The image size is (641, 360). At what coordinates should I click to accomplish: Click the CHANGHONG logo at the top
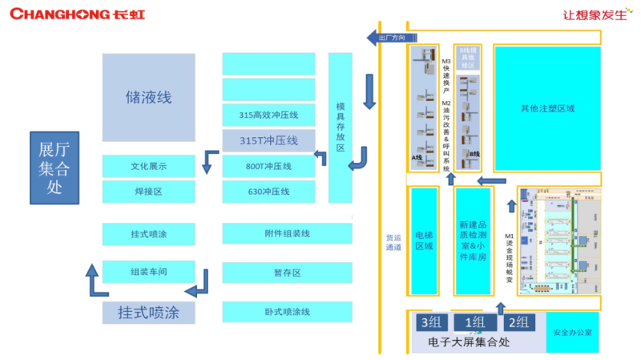(68, 14)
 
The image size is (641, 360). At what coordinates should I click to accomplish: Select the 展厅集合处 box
(54, 167)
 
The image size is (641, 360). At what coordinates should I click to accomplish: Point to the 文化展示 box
(149, 166)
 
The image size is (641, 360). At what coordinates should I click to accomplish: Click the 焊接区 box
(149, 192)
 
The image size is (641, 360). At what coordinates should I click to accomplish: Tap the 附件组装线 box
(287, 233)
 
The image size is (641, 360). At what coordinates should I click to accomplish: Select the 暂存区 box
(287, 273)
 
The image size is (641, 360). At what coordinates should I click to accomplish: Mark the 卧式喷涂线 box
(287, 312)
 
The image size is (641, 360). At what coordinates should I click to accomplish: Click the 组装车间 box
(149, 273)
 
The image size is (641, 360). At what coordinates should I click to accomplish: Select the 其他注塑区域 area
(546, 108)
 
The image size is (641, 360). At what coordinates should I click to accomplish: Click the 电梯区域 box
(424, 240)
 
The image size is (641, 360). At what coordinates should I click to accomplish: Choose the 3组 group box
(429, 322)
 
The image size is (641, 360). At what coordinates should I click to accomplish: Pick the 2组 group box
(518, 322)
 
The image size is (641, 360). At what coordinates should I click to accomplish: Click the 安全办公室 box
(572, 332)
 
